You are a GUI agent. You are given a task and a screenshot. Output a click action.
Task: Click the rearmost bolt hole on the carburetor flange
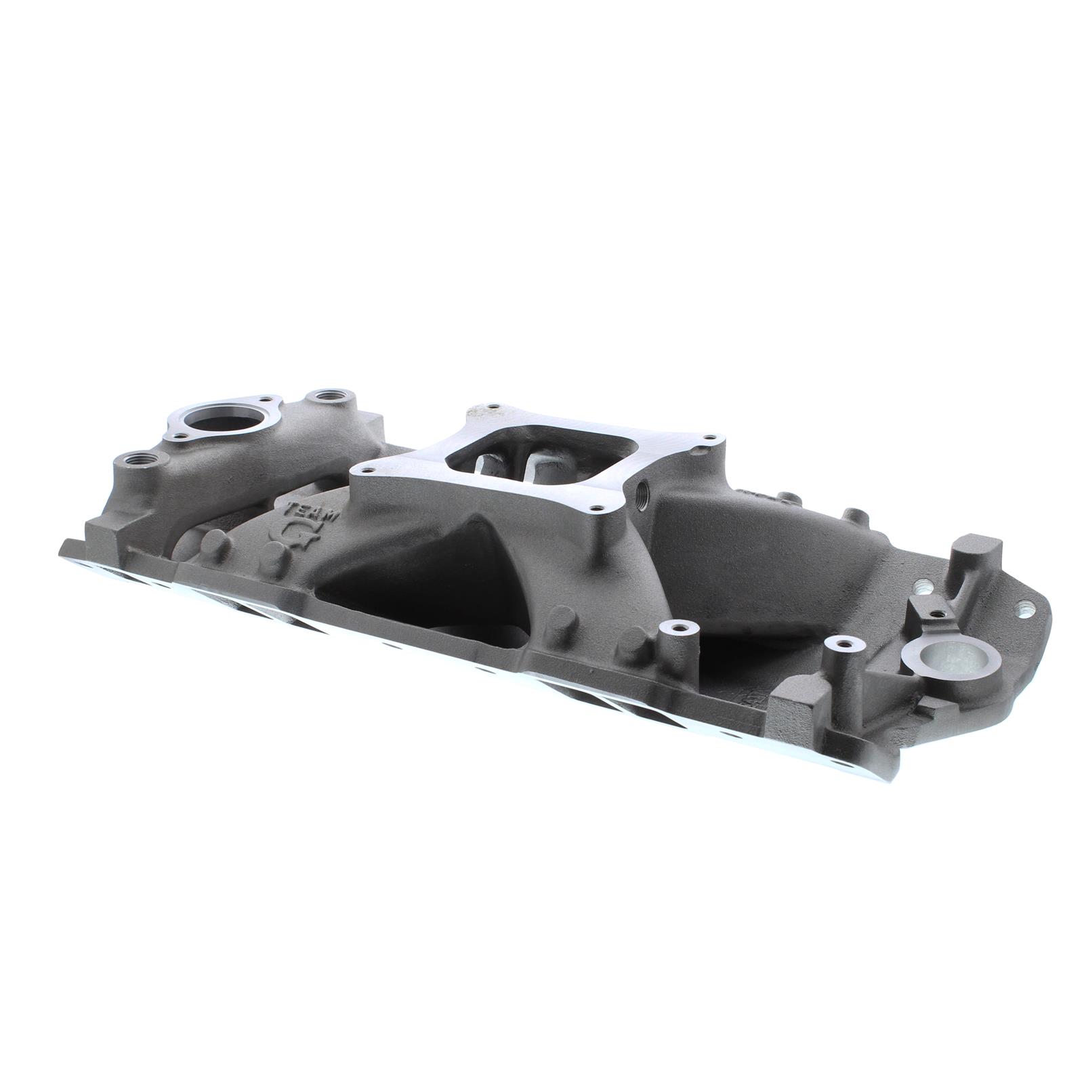(x=494, y=409)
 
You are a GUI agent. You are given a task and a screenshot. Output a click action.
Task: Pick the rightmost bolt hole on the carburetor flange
(x=709, y=439)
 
